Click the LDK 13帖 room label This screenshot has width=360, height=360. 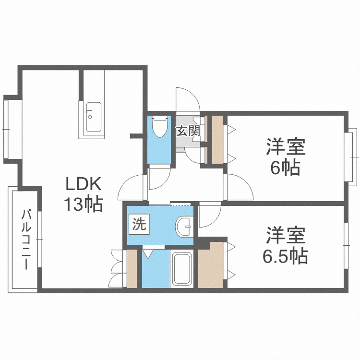[84, 194]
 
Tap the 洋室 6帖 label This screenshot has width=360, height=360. [287, 157]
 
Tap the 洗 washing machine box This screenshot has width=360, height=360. [139, 224]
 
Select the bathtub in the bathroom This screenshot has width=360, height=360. [182, 268]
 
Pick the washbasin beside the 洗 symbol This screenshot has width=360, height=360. [185, 226]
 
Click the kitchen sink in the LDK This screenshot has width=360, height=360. [93, 118]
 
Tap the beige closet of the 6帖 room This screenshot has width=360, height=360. [217, 139]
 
